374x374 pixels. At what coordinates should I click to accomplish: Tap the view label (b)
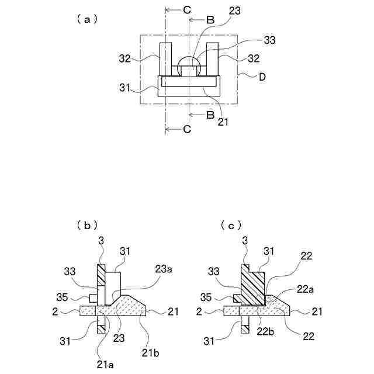tap(87, 224)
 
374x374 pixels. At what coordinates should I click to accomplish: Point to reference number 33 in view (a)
tap(269, 40)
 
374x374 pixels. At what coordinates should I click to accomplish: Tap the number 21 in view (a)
tap(223, 122)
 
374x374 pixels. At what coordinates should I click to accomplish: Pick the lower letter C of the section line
tap(186, 129)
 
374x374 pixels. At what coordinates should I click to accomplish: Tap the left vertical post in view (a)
tap(165, 59)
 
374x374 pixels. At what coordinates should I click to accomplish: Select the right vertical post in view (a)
tap(212, 59)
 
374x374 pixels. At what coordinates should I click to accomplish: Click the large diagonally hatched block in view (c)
tap(252, 286)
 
